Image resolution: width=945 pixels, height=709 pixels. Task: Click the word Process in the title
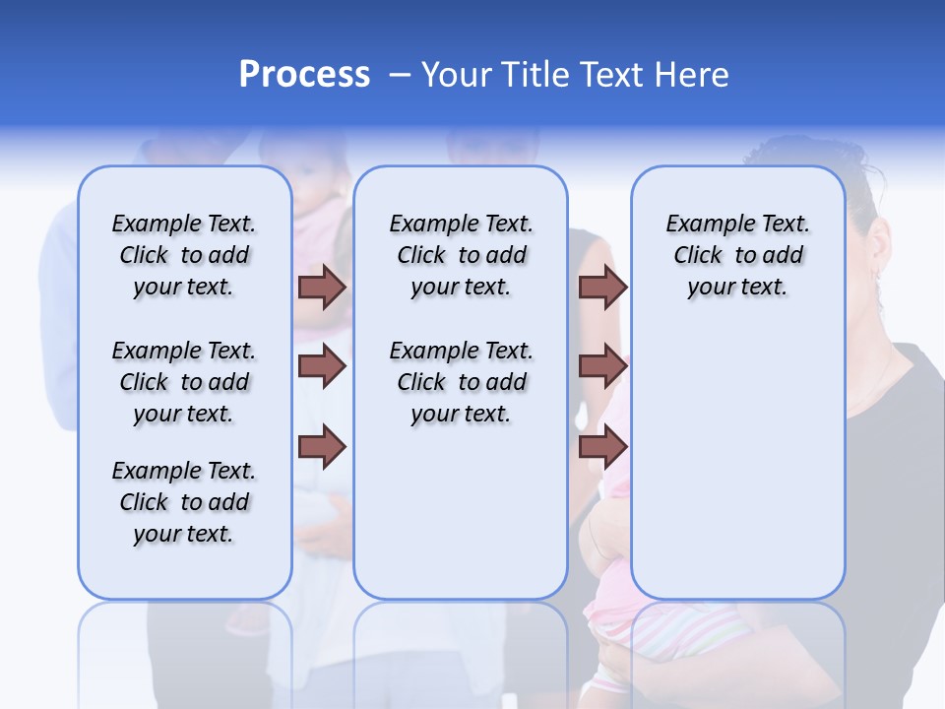(304, 75)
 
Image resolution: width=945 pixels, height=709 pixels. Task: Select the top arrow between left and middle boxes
(322, 287)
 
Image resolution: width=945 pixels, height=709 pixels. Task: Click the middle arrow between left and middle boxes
(322, 366)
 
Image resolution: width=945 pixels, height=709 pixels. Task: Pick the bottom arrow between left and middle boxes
(322, 446)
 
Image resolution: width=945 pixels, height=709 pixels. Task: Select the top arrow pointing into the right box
(602, 287)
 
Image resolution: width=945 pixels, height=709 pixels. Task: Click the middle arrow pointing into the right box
(602, 366)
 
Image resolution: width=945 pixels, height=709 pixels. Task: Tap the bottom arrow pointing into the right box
(602, 446)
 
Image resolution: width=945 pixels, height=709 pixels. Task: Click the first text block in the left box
(184, 255)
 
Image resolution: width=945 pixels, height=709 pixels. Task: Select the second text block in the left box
(184, 382)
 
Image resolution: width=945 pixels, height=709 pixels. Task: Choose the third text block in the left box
(184, 502)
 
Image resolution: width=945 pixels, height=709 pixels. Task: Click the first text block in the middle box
(461, 255)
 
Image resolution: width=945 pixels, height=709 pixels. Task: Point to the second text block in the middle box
(461, 382)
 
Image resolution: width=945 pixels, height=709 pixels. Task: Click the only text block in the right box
(737, 255)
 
